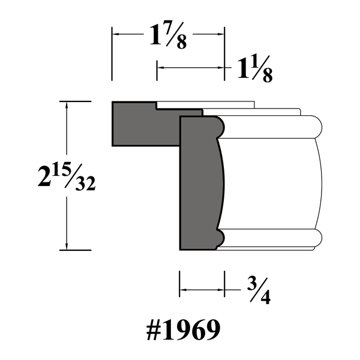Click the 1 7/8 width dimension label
tap(168, 35)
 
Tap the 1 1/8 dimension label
tap(255, 69)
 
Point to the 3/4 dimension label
tap(259, 291)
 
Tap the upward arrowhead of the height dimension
tap(67, 105)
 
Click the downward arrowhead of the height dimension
tap(67, 246)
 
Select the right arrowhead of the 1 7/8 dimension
tap(220, 34)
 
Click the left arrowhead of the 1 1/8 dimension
tap(161, 68)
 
